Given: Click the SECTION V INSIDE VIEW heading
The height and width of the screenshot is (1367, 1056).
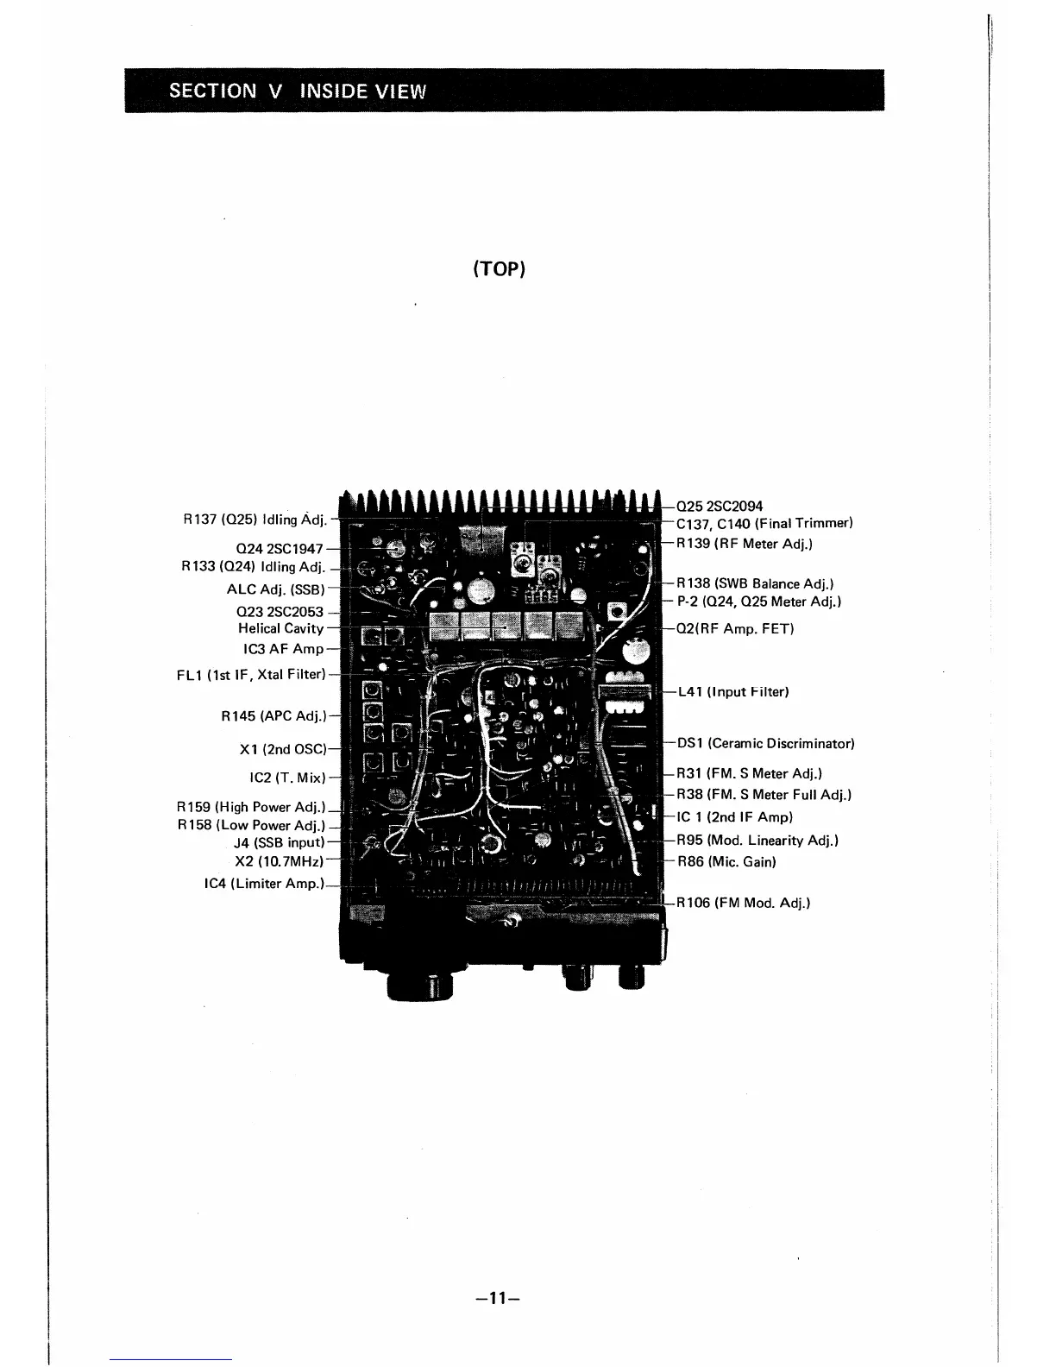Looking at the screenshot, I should (298, 91).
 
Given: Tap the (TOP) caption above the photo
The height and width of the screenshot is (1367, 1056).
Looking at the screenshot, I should (500, 268).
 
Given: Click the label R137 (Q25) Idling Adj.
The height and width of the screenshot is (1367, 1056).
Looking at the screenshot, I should (255, 520).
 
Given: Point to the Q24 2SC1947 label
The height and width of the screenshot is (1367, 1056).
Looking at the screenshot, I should (280, 549).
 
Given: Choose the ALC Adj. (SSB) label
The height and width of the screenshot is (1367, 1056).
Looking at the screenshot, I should (275, 589).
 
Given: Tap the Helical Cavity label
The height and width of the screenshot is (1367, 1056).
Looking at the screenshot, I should (280, 629).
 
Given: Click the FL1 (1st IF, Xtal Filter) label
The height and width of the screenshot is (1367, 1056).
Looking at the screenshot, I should (251, 674).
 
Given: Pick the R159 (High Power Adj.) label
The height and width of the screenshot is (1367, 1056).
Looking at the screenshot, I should (250, 808).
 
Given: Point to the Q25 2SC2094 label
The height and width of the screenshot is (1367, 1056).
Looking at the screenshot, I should (720, 507).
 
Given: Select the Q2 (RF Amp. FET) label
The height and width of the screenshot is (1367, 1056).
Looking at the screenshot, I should (735, 628).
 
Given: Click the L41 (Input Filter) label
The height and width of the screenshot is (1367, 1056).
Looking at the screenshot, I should (733, 692).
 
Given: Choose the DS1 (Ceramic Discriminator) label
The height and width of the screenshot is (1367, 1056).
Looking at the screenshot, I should (765, 743).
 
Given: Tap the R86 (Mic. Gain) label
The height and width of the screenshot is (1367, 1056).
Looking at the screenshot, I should (726, 861).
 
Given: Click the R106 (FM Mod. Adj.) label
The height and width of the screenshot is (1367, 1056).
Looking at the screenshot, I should (743, 903).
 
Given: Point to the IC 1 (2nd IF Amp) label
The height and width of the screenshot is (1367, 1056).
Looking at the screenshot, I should (734, 816).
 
